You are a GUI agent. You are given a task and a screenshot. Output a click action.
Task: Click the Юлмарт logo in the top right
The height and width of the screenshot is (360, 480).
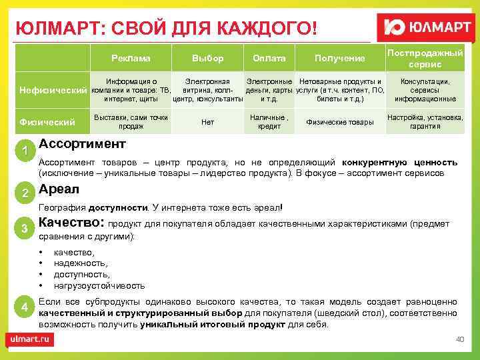[x=426, y=29]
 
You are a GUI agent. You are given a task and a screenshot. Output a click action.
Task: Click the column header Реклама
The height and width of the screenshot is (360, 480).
[x=131, y=58]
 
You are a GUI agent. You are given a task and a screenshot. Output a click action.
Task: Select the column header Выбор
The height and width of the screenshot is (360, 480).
[x=207, y=58]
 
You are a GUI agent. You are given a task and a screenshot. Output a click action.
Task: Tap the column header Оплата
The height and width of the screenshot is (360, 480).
[x=269, y=58]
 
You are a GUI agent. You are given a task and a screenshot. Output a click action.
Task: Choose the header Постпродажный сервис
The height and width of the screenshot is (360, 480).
[x=425, y=58]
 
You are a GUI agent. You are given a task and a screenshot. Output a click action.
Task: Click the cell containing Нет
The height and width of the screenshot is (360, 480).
[x=207, y=122]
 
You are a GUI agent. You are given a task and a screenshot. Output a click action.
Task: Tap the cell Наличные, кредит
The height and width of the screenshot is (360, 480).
[x=269, y=122]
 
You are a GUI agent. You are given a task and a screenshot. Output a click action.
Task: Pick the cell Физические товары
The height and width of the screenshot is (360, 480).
[x=339, y=122]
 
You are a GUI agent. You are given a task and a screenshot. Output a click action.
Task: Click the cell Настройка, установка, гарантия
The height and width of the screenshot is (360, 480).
[x=425, y=122]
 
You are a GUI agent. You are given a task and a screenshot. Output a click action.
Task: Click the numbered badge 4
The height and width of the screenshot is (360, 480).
[x=25, y=307]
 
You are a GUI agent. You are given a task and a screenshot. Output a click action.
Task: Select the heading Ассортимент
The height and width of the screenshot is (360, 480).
[x=82, y=144]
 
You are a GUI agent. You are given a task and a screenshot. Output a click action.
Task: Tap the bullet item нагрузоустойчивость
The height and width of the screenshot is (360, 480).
[x=99, y=285]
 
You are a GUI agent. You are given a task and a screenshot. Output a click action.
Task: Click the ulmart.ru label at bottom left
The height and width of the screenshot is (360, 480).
[x=30, y=339]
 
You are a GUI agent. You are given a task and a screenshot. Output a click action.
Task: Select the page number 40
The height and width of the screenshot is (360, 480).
[x=459, y=339]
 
